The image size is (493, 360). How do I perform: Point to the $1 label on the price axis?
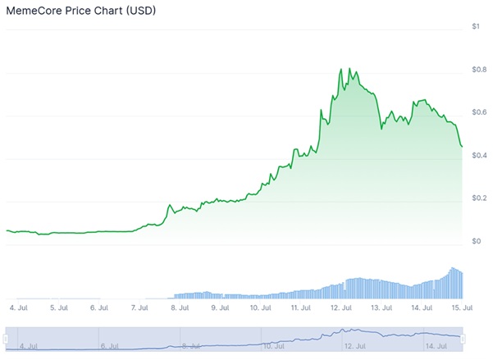(476, 27)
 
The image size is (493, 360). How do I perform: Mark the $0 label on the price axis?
(476, 241)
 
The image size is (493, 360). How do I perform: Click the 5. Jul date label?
(57, 308)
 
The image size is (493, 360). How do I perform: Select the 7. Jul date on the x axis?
(139, 308)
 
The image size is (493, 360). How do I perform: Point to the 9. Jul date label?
(220, 308)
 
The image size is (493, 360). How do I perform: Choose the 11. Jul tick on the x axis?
(301, 308)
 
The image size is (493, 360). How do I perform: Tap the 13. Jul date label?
(381, 308)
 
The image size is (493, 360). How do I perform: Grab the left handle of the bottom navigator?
(7, 337)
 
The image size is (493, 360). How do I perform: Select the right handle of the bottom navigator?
(463, 337)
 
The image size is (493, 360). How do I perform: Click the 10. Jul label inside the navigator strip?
(273, 346)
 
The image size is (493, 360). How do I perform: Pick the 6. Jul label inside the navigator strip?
(109, 346)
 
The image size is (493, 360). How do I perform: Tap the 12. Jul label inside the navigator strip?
(354, 346)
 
